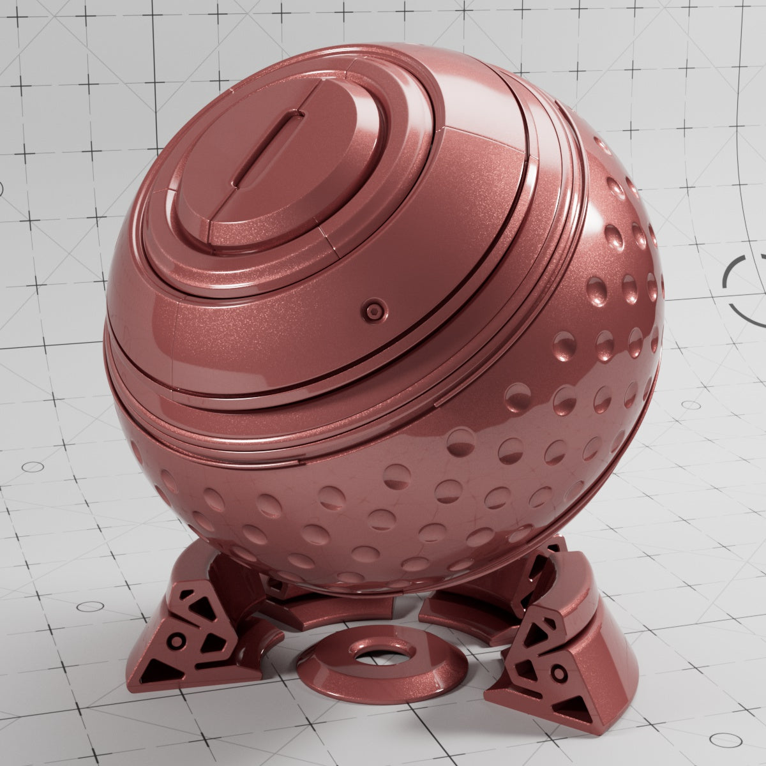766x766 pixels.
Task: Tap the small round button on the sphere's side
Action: tap(373, 311)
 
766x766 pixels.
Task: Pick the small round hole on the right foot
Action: tap(559, 672)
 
